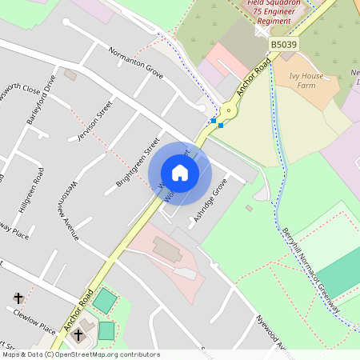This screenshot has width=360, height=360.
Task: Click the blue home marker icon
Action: click(180, 172)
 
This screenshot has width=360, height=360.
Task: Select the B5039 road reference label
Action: click(282, 45)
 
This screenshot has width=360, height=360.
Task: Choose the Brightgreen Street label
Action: click(138, 160)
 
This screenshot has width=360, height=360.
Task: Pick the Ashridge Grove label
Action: click(210, 201)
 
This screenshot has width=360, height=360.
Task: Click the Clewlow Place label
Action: click(36, 322)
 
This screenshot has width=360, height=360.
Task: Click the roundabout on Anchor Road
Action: click(228, 112)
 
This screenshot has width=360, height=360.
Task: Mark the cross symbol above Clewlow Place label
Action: click(18, 298)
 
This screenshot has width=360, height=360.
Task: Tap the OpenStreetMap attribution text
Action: click(80, 354)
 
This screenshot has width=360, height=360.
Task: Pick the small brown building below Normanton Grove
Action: click(70, 75)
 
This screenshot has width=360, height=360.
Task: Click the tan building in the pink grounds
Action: click(168, 249)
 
